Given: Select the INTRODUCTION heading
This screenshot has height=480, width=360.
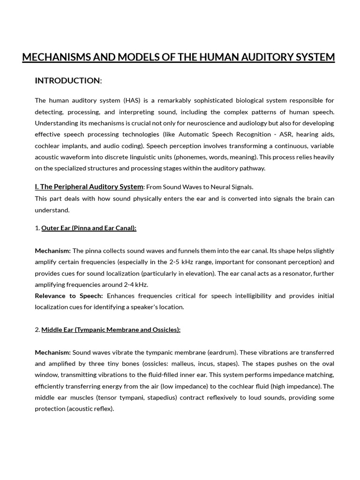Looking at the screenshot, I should (x=67, y=81).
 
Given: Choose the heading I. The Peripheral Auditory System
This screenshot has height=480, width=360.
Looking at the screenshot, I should (x=89, y=187).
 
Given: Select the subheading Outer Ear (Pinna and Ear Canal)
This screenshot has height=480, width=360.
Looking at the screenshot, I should (x=89, y=228).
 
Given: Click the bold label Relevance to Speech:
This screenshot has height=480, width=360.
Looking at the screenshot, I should (x=69, y=296).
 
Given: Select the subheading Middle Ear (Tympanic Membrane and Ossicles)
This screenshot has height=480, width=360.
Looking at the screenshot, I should (x=111, y=330).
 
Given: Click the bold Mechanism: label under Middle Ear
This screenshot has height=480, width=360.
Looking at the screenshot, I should (x=52, y=352).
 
